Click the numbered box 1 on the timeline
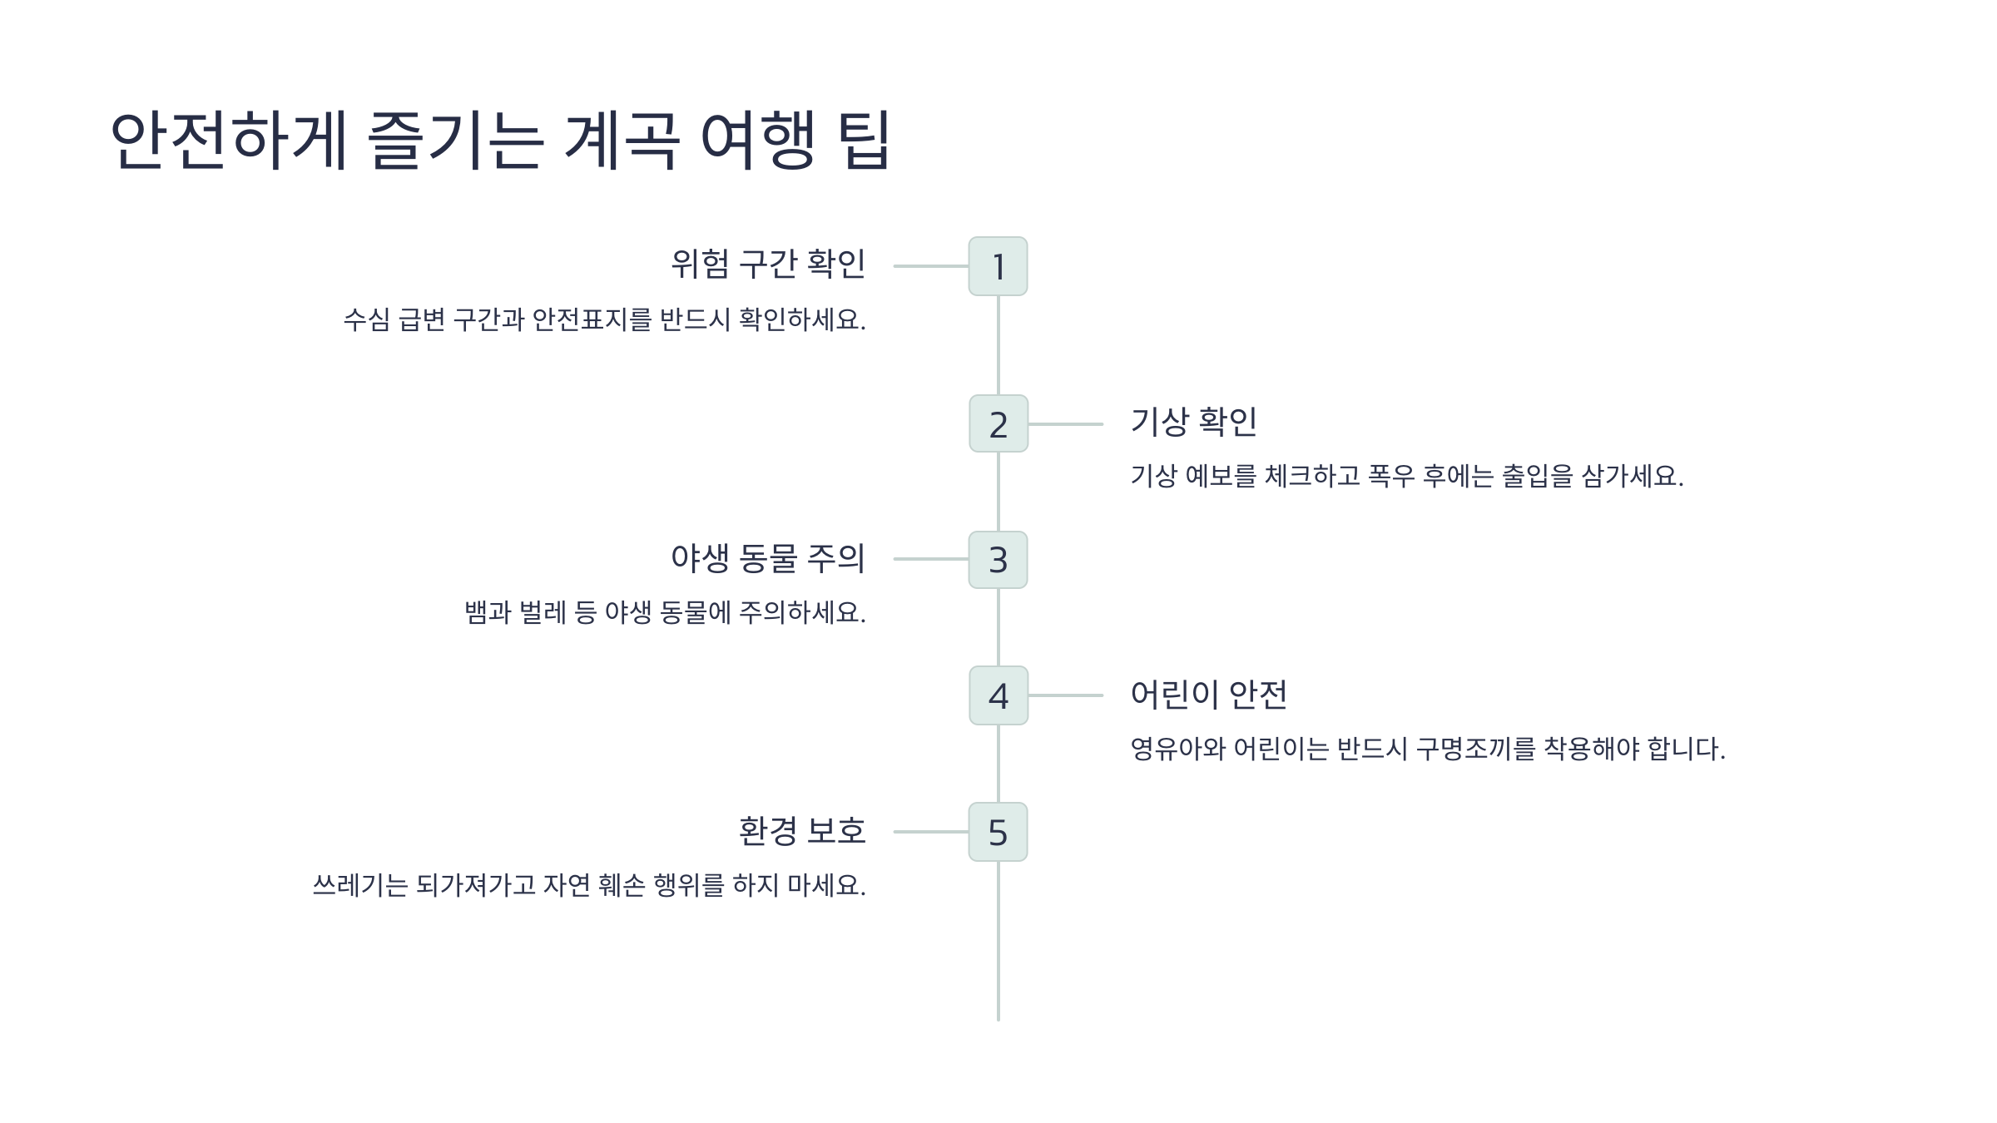[998, 266]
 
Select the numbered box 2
[998, 424]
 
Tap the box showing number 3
[998, 560]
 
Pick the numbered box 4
[998, 695]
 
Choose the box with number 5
[998, 832]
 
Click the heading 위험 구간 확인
[768, 265]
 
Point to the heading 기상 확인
[1193, 423]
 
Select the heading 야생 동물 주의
[768, 558]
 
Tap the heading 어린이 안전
[1208, 695]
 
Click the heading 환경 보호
[802, 831]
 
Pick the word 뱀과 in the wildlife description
[488, 613]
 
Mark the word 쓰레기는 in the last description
[360, 885]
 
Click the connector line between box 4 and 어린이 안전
[1066, 695]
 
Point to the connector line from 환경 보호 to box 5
[930, 832]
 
